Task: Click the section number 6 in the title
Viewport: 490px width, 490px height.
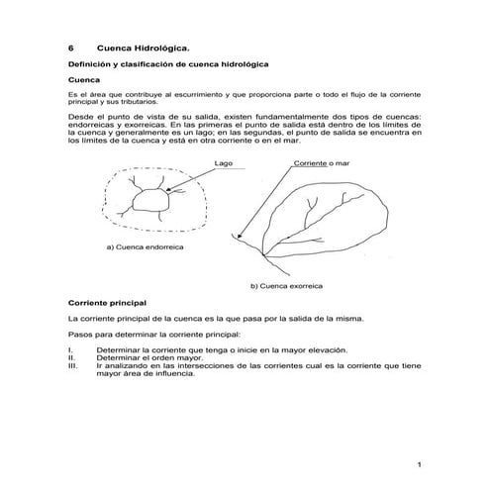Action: point(70,46)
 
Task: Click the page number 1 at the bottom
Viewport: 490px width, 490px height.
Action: point(420,465)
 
